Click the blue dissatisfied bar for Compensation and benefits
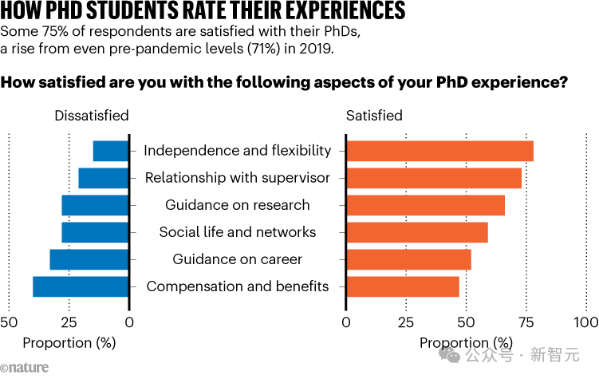pos(81,286)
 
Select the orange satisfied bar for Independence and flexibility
pos(439,151)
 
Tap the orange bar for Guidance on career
pos(408,259)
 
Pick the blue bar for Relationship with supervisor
pos(104,178)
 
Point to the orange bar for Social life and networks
pos(416,232)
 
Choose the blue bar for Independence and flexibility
pos(111,151)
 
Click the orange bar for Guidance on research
pos(425,205)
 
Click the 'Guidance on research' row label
pos(238,205)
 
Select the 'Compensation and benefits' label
pos(238,286)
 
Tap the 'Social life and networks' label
pos(238,232)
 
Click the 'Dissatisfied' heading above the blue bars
pos(91,116)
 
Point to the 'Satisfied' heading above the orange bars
pos(374,116)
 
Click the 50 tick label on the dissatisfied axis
pos(9,322)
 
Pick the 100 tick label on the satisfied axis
pos(586,322)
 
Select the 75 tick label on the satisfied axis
pos(526,322)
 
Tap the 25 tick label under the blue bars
pos(69,322)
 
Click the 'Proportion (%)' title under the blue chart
pos(69,342)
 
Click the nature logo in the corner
pos(25,368)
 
